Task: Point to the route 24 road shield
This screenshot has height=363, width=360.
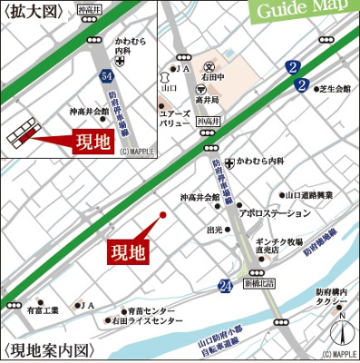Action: [225, 287]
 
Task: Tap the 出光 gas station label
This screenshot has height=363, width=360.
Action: [215, 230]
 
